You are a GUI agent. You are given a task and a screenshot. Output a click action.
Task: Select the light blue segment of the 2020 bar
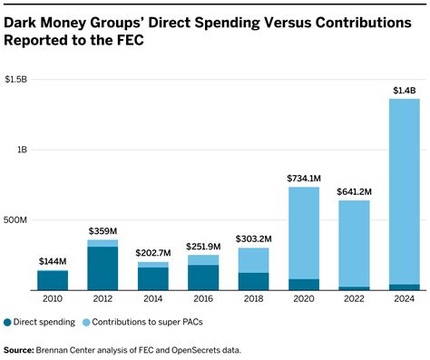click(304, 232)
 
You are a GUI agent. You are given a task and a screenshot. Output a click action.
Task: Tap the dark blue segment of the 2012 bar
click(103, 268)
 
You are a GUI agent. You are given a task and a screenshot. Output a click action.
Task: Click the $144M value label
click(53, 260)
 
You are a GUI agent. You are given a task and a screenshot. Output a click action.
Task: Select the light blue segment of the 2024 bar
click(404, 190)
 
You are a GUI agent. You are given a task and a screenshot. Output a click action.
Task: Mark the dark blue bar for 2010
click(53, 280)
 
